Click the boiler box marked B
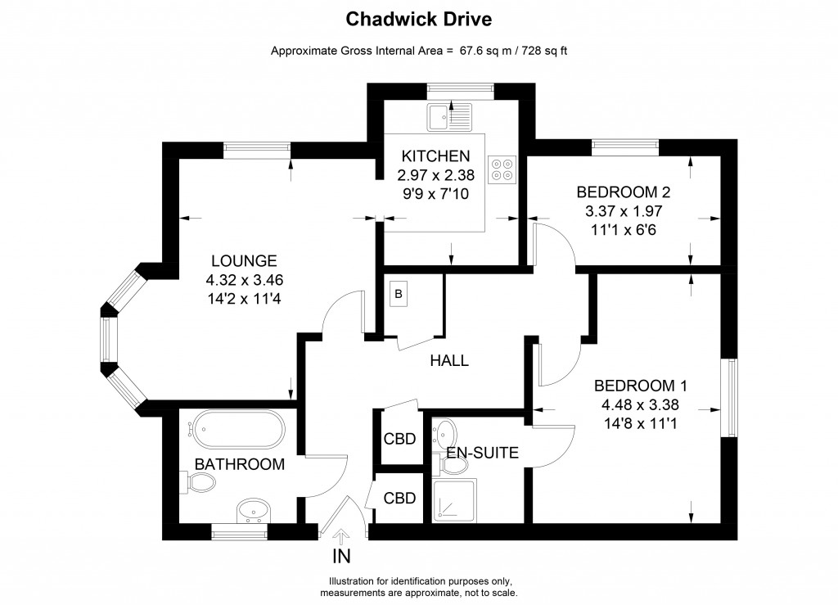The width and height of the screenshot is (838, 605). (x=399, y=294)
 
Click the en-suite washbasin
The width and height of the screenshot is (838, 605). (x=445, y=431)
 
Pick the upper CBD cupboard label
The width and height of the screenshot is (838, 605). (x=399, y=439)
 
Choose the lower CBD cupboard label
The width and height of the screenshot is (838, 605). (x=399, y=497)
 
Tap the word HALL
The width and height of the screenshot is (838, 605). (x=449, y=360)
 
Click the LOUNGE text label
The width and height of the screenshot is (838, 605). (x=244, y=261)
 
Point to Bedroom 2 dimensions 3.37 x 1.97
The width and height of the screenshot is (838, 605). (x=623, y=211)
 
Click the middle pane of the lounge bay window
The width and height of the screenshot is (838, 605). (x=106, y=339)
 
